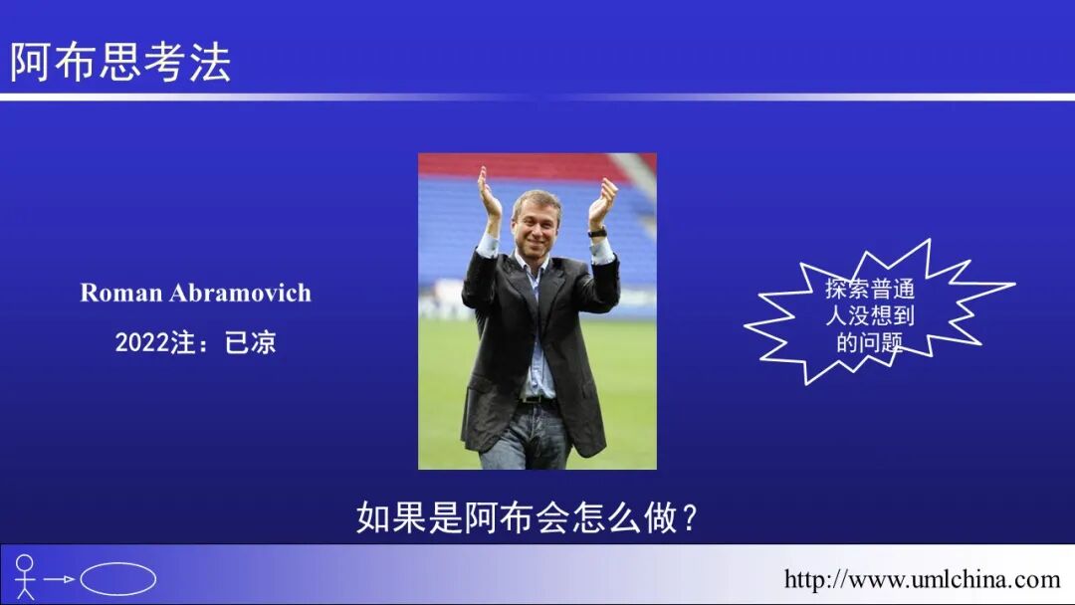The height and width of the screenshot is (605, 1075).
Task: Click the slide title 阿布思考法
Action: tap(119, 62)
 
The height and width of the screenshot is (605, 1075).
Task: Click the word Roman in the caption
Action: tap(121, 293)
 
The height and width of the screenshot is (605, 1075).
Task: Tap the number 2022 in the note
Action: tap(138, 343)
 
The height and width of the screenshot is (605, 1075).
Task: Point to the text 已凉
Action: tap(251, 343)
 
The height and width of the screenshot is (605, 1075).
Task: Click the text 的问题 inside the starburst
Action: tap(869, 343)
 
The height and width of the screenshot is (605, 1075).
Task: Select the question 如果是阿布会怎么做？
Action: tap(528, 517)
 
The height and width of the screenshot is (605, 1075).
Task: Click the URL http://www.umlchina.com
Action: tap(922, 579)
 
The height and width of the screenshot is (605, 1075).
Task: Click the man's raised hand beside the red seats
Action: tap(490, 194)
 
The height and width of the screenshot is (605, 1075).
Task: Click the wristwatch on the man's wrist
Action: tap(597, 232)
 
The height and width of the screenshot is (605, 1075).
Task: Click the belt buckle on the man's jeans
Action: tap(538, 399)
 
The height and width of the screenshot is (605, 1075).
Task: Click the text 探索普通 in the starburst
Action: tap(869, 290)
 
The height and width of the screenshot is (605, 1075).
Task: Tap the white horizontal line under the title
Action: tap(537, 97)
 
